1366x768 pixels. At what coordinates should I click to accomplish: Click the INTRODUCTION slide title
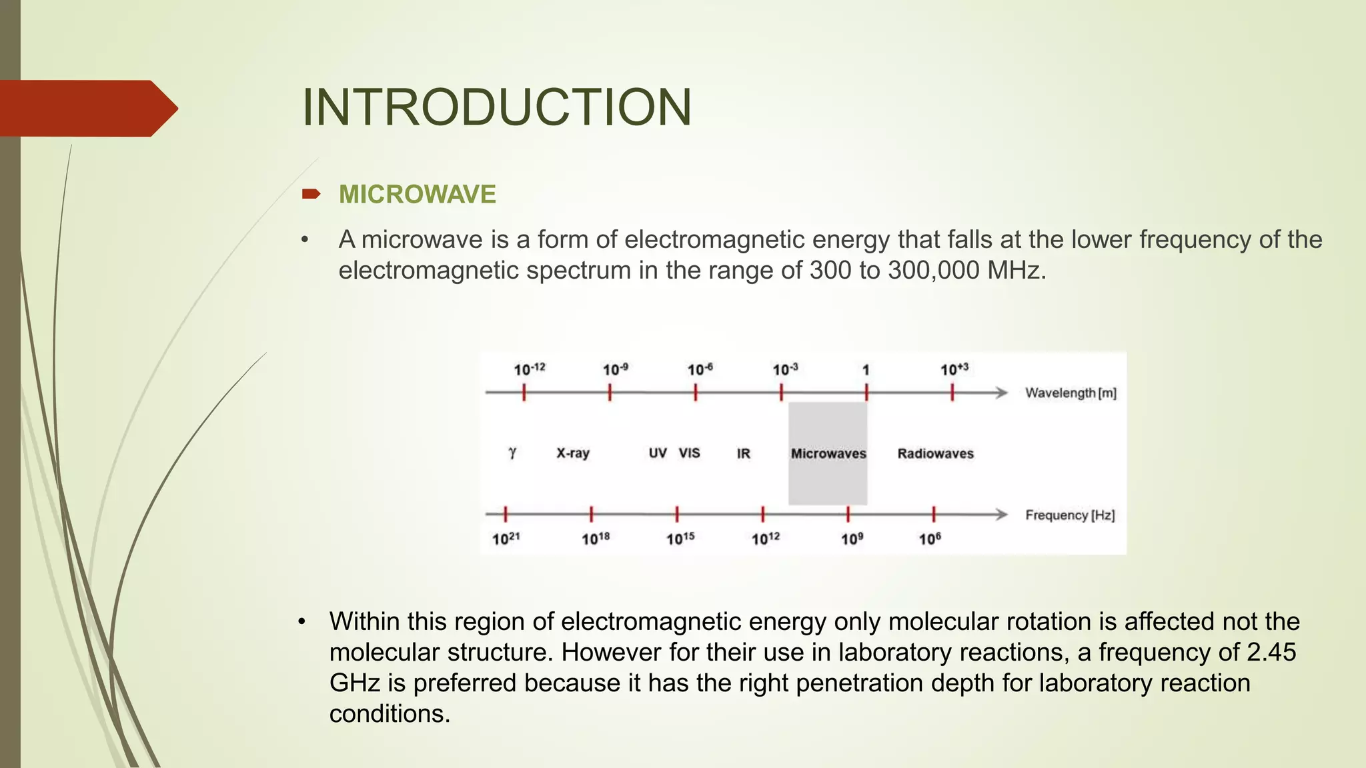click(x=497, y=107)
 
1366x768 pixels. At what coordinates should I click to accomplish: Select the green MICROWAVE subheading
click(x=417, y=195)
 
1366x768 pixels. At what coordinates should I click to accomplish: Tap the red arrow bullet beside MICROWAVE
click(x=311, y=194)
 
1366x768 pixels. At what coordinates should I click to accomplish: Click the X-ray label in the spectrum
click(x=573, y=453)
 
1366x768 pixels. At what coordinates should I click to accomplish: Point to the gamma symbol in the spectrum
click(x=512, y=453)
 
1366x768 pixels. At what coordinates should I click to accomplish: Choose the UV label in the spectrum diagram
click(x=658, y=453)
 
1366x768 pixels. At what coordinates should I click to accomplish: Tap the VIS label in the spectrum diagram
click(x=689, y=453)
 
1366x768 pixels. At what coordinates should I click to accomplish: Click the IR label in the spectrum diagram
click(x=743, y=454)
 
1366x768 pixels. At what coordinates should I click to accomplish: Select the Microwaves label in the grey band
click(x=828, y=454)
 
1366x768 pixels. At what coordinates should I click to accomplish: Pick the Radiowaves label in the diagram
click(x=935, y=454)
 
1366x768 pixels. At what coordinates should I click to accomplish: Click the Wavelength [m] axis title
click(x=1071, y=393)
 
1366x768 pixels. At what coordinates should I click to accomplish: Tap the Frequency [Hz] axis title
click(x=1070, y=515)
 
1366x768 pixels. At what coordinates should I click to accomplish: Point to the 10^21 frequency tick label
click(x=506, y=539)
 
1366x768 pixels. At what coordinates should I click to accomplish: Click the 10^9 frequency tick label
click(x=852, y=539)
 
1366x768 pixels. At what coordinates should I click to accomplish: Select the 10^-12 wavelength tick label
click(x=529, y=369)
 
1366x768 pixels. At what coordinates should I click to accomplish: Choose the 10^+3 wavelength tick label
click(x=954, y=369)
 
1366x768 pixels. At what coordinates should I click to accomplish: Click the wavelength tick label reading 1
click(x=866, y=370)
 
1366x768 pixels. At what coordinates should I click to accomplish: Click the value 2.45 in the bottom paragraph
click(x=1271, y=652)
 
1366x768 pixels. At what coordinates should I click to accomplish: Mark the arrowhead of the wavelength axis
click(x=1001, y=393)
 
